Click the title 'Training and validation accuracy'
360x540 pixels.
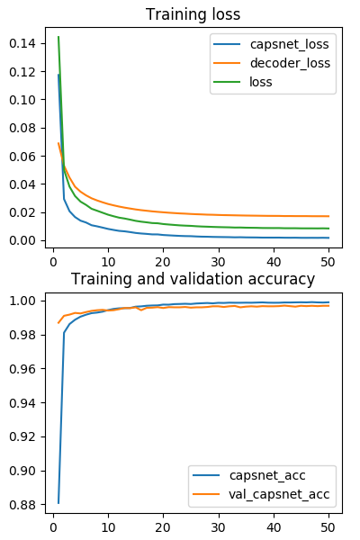point(193,279)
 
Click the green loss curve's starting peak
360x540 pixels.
point(58,37)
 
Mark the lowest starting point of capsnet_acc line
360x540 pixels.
point(58,502)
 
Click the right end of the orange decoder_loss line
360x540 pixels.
point(328,216)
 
